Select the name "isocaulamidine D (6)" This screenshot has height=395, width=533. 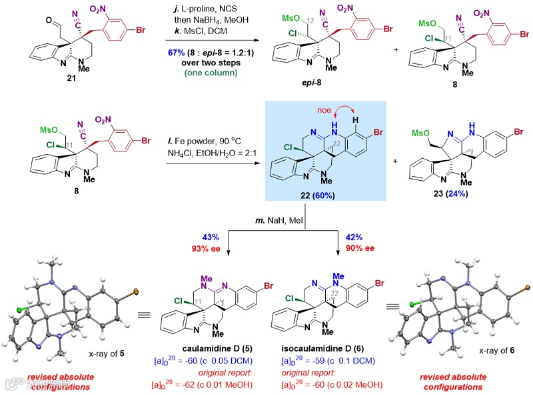(x=329, y=348)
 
